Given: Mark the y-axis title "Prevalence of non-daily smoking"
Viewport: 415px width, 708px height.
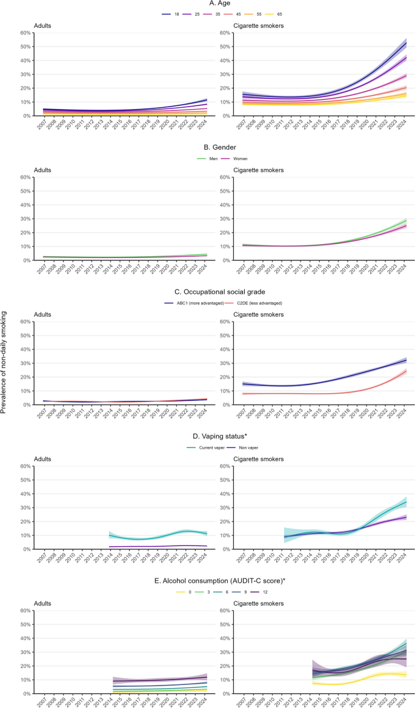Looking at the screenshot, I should click(5, 362).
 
